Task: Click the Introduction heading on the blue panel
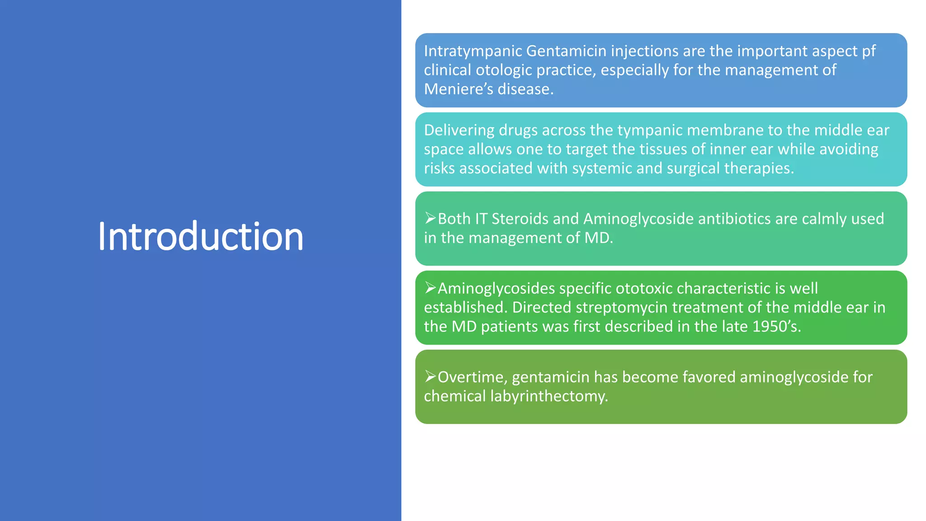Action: pos(200,237)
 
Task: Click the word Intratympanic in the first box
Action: pos(473,51)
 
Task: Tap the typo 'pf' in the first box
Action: pos(869,51)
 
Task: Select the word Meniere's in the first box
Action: pos(458,89)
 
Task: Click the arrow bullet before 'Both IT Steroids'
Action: pos(430,218)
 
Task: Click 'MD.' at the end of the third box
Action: pos(599,238)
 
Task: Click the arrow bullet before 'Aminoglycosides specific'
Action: pos(430,288)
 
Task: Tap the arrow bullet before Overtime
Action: pos(430,377)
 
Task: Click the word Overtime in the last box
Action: pos(472,377)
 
